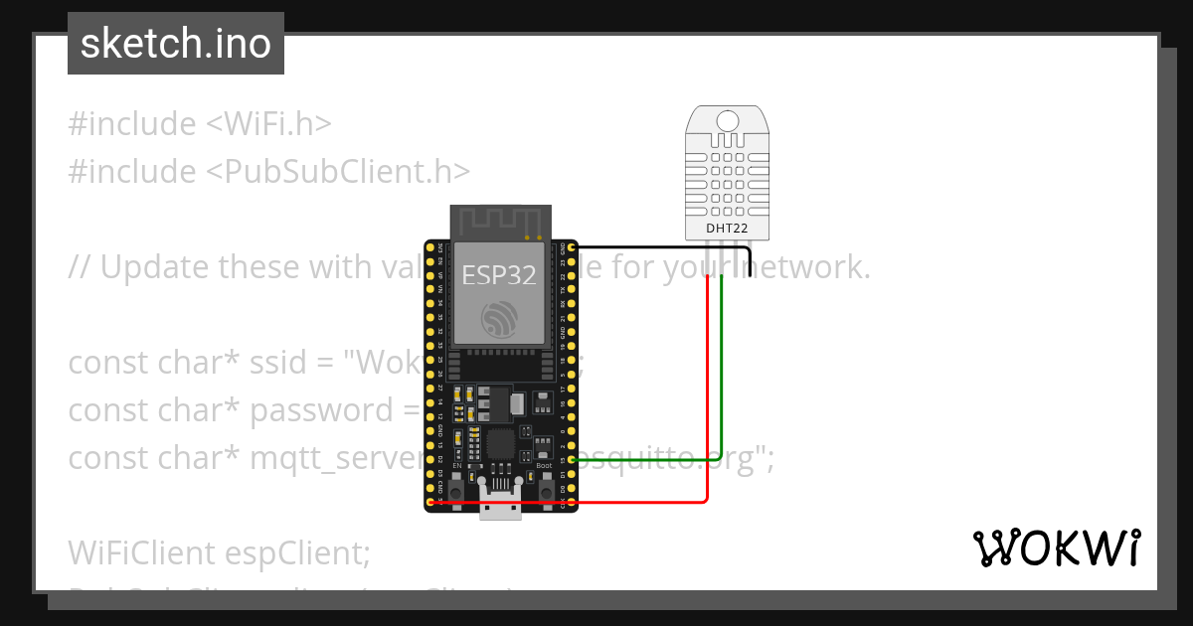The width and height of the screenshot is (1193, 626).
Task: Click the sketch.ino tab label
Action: pyautogui.click(x=176, y=44)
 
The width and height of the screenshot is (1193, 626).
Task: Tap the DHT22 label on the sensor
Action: pyautogui.click(x=727, y=228)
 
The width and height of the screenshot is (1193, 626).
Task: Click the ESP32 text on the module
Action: pyautogui.click(x=499, y=275)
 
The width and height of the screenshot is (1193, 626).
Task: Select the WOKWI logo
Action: pyautogui.click(x=1057, y=548)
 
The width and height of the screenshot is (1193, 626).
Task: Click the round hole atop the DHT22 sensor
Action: pyautogui.click(x=728, y=120)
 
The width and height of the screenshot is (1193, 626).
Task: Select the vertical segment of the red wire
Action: pyautogui.click(x=707, y=388)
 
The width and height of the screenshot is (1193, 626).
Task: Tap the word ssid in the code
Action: pyautogui.click(x=276, y=363)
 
